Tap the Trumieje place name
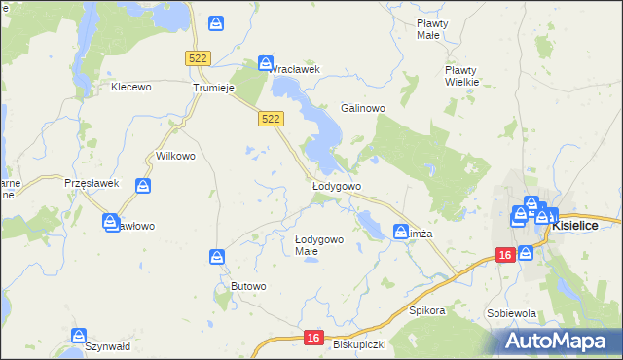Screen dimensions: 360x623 (213, 87)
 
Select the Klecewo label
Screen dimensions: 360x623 (132, 87)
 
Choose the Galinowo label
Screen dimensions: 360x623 (363, 107)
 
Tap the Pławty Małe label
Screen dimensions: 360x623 (429, 28)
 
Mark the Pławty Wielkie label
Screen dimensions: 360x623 (461, 76)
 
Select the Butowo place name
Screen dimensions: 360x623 (248, 285)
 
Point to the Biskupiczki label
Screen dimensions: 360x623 (360, 344)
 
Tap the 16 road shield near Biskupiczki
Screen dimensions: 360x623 (311, 337)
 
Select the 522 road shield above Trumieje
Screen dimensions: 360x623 (198, 58)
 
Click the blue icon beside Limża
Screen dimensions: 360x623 (400, 232)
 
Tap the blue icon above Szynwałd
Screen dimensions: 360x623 (79, 336)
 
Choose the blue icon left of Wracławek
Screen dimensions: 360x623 (266, 63)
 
